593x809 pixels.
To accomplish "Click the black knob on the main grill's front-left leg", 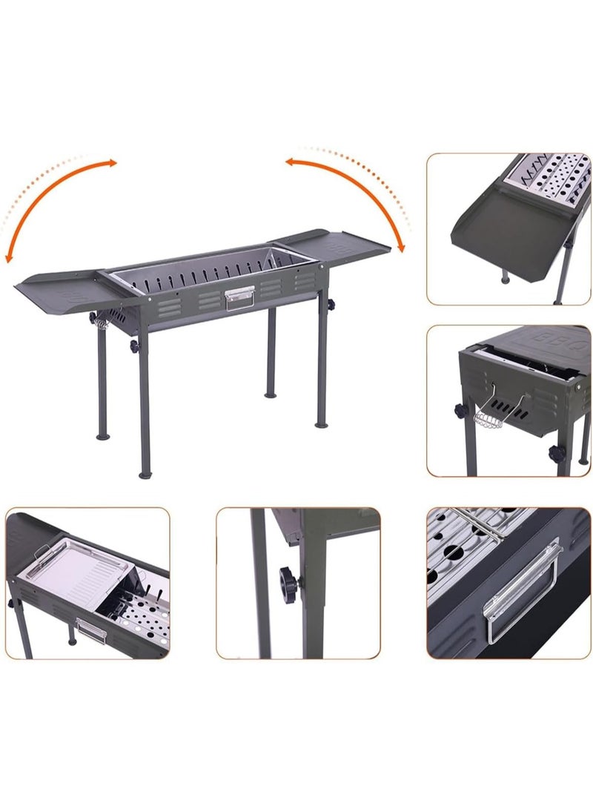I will click(134, 346).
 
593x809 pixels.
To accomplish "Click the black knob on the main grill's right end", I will click(328, 305).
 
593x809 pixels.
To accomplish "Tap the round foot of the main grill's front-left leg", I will click(145, 472).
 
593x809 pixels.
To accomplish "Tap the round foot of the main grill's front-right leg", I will click(321, 423).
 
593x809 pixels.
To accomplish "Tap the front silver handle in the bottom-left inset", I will click(90, 630).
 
